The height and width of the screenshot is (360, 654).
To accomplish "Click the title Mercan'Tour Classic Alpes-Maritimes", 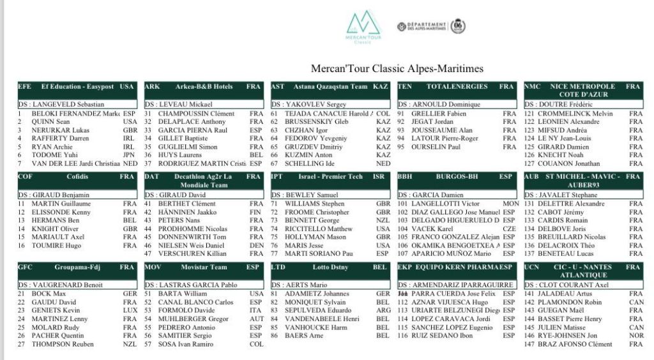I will click(x=397, y=68).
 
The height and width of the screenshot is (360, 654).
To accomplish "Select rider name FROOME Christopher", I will click(x=317, y=212).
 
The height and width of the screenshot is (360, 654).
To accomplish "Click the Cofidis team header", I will click(x=77, y=177).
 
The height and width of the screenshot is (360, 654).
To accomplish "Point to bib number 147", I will click(x=529, y=344).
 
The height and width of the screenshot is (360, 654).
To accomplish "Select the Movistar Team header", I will click(x=204, y=267).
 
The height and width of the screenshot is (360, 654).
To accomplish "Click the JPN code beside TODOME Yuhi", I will click(x=130, y=154).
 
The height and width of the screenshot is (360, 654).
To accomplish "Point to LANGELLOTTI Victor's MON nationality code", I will click(x=510, y=204).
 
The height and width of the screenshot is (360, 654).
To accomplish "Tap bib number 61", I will click(x=274, y=114).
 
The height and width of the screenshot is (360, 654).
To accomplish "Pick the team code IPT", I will click(x=277, y=177).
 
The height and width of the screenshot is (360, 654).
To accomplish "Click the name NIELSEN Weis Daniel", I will click(x=191, y=245).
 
